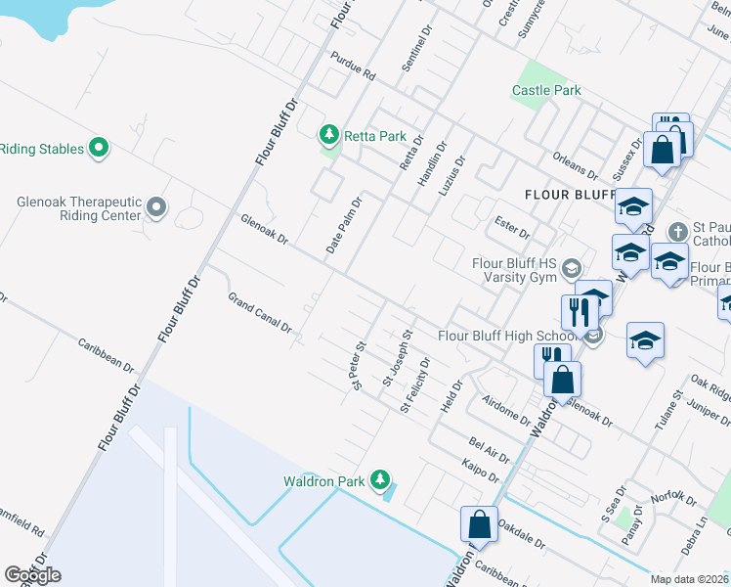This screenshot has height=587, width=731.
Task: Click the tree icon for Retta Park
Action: [330, 134]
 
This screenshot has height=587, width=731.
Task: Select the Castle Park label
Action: [546, 90]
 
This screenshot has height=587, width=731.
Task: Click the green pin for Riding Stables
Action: [98, 148]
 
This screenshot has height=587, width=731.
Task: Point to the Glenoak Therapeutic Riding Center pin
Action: [156, 206]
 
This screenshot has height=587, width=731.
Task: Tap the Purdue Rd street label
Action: [353, 66]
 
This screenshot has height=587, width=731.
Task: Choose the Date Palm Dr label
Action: [344, 226]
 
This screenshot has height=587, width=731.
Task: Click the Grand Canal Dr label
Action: [260, 313]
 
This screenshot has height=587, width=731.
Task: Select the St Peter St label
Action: [359, 364]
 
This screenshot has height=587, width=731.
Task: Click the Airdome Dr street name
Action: [505, 408]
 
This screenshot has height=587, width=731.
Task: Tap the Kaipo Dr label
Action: [481, 472]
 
